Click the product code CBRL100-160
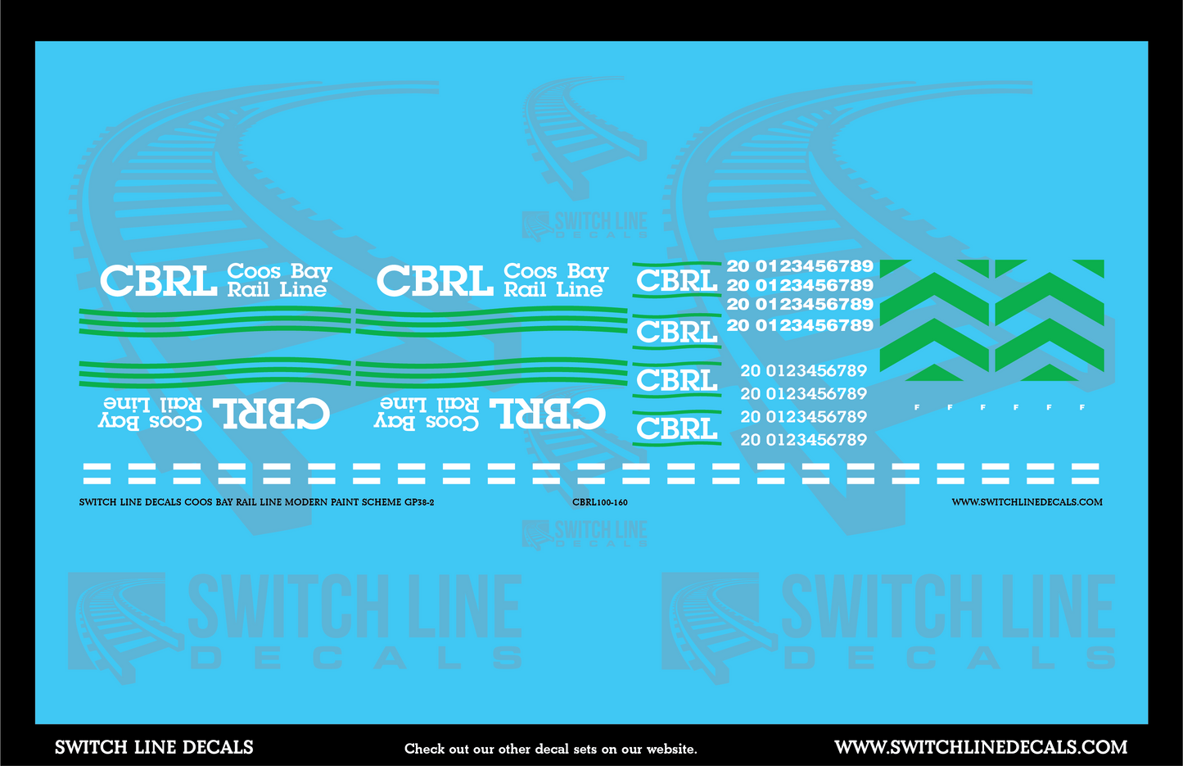pos(599,502)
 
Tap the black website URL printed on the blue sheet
pos(1026,502)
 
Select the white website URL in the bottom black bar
pos(980,747)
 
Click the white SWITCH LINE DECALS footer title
pos(154,747)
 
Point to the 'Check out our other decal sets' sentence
pos(550,749)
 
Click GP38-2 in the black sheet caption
pos(418,502)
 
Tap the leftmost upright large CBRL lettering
pos(158,281)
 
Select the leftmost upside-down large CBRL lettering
pos(271,414)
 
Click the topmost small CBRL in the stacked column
pos(676,281)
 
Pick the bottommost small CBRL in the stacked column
pos(676,428)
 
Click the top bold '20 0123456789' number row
pos(799,266)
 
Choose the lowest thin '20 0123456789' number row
pos(803,440)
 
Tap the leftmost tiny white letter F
pos(916,407)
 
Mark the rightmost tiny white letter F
pos(1081,407)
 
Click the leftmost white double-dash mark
pos(97,473)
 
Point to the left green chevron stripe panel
pos(934,320)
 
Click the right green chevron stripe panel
pos(1049,320)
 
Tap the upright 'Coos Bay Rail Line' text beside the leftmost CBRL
pos(278,280)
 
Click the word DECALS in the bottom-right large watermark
pos(950,658)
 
